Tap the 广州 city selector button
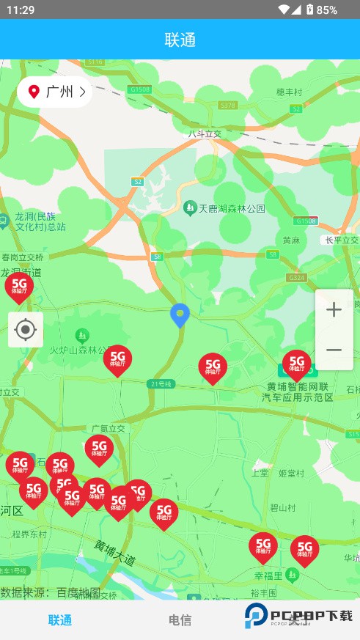55,92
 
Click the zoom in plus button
334,310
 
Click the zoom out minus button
334,350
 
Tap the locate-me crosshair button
26,330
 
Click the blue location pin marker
180,315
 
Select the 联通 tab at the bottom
60,620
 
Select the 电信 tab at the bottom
180,620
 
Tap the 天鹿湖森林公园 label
224,208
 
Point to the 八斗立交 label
205,133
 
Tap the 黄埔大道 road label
115,553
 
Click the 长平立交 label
342,240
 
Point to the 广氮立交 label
108,428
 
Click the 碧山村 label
282,507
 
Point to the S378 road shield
228,106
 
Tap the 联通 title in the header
180,40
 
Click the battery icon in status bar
310,10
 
